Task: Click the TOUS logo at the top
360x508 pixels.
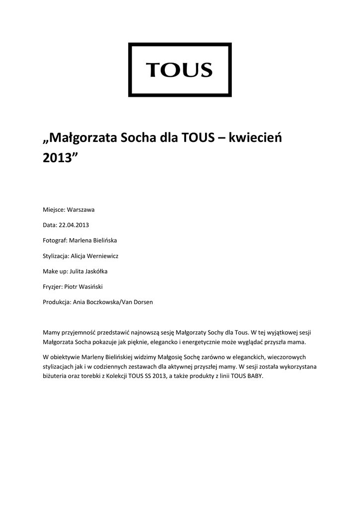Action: point(180,70)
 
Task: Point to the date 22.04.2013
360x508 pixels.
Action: point(73,225)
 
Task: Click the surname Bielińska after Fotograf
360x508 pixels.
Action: point(103,241)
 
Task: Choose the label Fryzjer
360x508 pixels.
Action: point(53,287)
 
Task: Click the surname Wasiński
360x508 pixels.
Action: point(90,287)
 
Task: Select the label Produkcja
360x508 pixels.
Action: point(57,302)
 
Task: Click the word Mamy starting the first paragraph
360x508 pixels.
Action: point(52,332)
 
